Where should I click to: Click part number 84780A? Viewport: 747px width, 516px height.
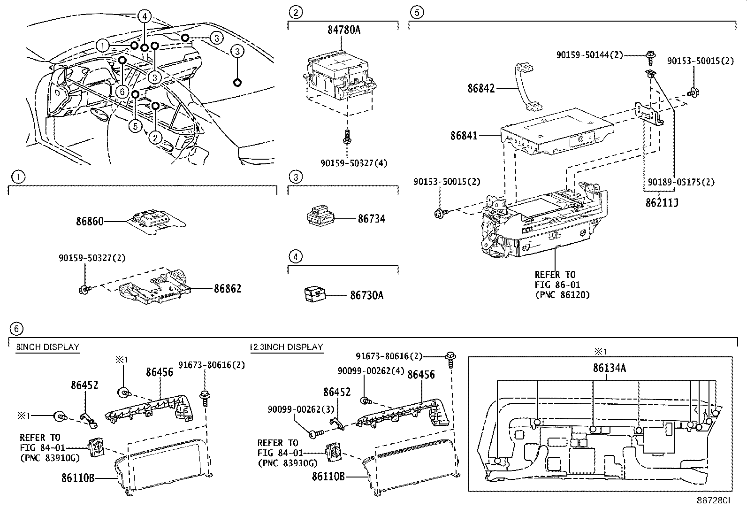[343, 30]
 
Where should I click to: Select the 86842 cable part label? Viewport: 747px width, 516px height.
[481, 88]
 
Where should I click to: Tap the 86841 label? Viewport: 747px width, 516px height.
[464, 136]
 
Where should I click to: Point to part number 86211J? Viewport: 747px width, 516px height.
[662, 203]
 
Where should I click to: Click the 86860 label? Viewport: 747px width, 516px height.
[90, 221]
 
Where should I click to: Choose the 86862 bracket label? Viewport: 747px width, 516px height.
[228, 288]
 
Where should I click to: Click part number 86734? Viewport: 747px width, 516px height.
[371, 219]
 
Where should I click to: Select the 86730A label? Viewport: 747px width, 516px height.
[366, 295]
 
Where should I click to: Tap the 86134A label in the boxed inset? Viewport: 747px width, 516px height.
[609, 368]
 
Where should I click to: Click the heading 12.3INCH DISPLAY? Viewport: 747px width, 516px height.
[286, 347]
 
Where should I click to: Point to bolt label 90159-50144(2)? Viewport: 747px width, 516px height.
[589, 55]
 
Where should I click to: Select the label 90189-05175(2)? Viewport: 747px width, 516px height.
[681, 182]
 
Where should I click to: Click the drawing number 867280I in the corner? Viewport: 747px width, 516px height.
[713, 501]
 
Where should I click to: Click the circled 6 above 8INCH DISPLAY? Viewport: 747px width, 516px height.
[16, 328]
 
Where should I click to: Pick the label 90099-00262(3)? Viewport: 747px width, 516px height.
[295, 409]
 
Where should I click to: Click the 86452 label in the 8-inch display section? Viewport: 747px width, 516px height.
[84, 385]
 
